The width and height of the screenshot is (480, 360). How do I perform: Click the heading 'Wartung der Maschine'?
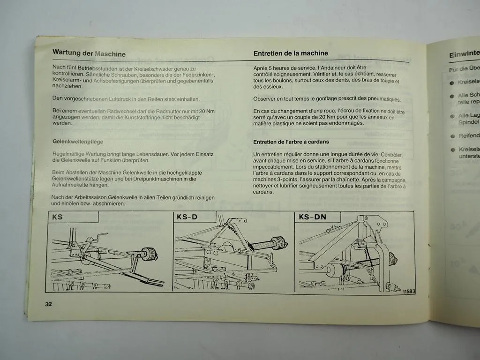(x=89, y=53)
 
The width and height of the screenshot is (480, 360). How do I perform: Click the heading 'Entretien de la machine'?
(x=291, y=53)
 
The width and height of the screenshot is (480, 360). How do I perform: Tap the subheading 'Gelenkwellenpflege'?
(x=78, y=141)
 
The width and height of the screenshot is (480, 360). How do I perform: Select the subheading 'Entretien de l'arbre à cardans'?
(x=291, y=142)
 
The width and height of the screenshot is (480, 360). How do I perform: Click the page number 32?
(x=48, y=304)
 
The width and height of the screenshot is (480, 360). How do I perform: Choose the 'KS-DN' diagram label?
(x=313, y=217)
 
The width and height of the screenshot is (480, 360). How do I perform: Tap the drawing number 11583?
(x=408, y=292)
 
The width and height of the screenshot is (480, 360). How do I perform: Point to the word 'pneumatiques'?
(x=383, y=99)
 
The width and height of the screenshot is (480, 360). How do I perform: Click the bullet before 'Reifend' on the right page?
(x=452, y=136)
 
